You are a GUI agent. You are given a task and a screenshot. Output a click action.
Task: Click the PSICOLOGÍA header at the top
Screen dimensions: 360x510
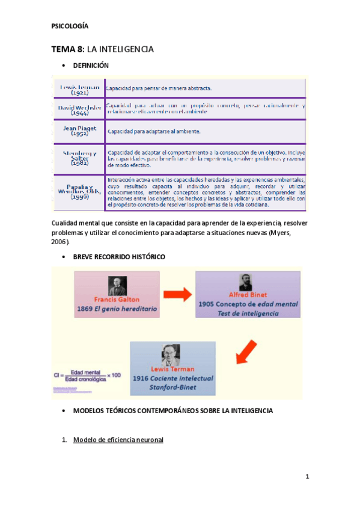click(x=71, y=26)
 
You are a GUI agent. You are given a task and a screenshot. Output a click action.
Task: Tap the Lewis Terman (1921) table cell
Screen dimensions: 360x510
click(x=79, y=90)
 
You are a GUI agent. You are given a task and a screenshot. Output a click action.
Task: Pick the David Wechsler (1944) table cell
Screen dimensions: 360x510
click(x=79, y=109)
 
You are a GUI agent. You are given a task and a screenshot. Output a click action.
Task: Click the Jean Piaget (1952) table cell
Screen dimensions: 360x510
click(x=79, y=131)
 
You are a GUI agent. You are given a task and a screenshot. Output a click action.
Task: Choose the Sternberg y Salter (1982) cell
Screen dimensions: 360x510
click(x=79, y=158)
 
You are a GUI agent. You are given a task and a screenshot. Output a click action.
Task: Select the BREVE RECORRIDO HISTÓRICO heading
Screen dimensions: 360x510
click(x=119, y=257)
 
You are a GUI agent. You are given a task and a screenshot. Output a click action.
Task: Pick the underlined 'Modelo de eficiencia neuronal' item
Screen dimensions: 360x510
click(x=118, y=440)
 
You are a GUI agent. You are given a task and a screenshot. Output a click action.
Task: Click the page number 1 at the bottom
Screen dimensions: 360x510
click(x=307, y=477)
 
